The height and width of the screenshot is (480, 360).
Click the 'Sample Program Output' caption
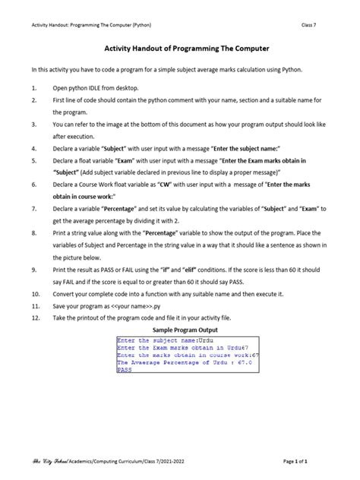[185, 330]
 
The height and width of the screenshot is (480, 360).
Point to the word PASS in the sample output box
[125, 370]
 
